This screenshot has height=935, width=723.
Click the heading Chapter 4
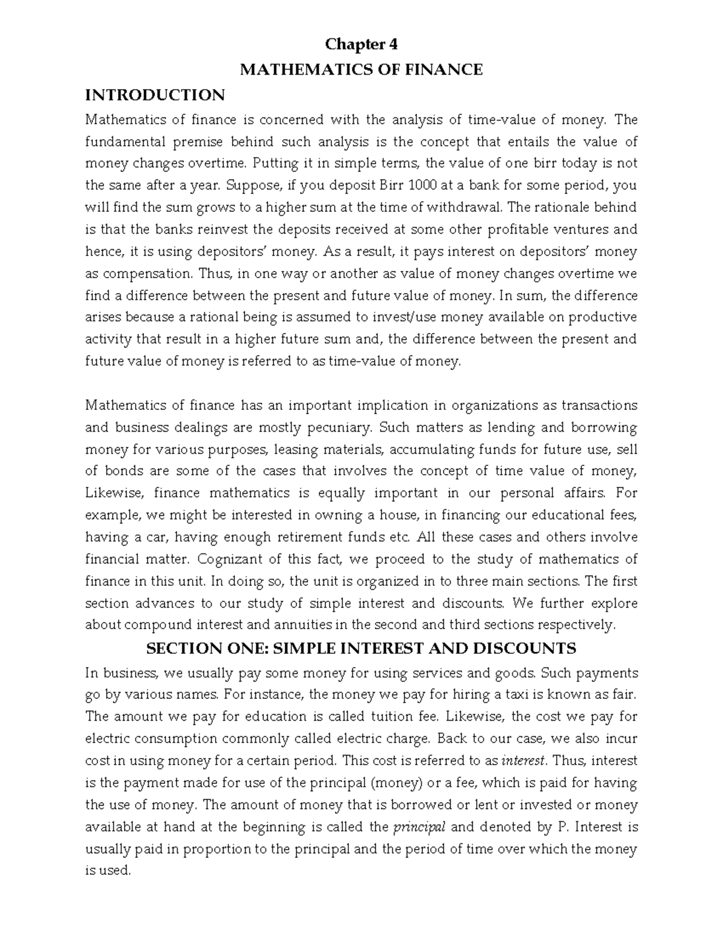click(x=361, y=45)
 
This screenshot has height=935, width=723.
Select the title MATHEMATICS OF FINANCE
click(x=361, y=70)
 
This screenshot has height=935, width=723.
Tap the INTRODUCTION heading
click(x=155, y=95)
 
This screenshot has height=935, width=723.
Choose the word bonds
click(x=123, y=471)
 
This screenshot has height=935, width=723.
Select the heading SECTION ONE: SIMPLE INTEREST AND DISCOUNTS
click(x=361, y=648)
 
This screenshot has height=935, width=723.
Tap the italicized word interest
click(x=524, y=760)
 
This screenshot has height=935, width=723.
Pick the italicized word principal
click(x=419, y=827)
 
